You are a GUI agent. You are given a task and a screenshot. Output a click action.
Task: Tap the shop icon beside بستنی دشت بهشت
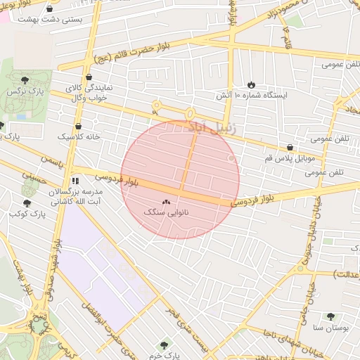pyautogui.click(x=49, y=8)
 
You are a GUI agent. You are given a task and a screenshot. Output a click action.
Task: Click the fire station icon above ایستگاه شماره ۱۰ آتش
pyautogui.click(x=252, y=84)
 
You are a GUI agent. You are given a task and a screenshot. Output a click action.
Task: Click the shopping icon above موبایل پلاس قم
pyautogui.click(x=290, y=147)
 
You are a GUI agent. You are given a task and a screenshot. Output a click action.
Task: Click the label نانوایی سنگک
pyautogui.click(x=166, y=212)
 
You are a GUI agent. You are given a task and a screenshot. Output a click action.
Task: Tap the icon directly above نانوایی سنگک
pyautogui.click(x=167, y=202)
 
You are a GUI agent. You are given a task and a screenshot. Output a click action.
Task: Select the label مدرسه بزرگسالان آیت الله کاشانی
pyautogui.click(x=75, y=196)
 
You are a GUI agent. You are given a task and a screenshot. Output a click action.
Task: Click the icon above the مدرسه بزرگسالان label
pyautogui.click(x=75, y=181)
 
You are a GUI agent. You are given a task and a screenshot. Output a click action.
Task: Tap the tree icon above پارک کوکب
pyautogui.click(x=27, y=202)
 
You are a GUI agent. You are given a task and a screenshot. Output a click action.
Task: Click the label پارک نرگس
pyautogui.click(x=24, y=91)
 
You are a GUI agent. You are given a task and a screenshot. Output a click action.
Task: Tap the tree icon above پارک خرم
pyautogui.click(x=165, y=345)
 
